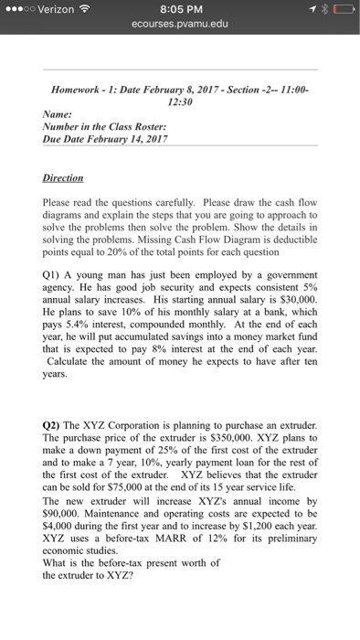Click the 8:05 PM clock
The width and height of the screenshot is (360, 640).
pos(180,10)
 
